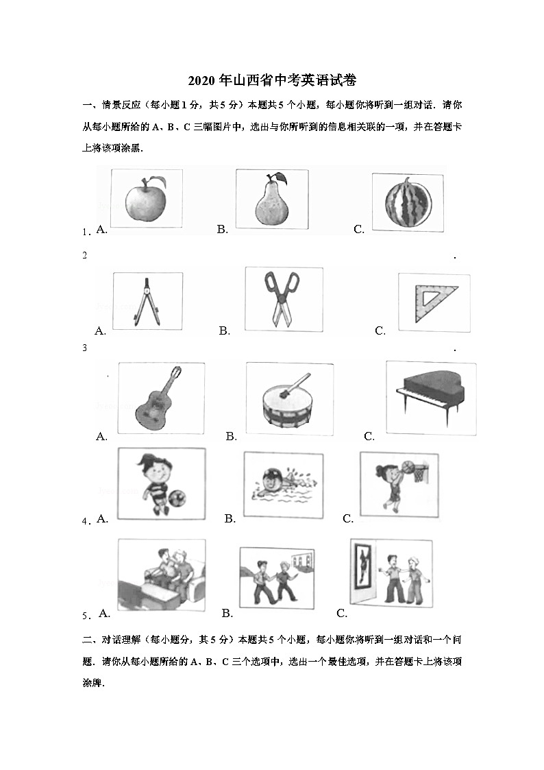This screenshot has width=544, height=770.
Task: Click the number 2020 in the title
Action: pyautogui.click(x=200, y=81)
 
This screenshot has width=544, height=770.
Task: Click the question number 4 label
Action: pyautogui.click(x=85, y=522)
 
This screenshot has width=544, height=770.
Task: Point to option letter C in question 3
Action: pyautogui.click(x=369, y=436)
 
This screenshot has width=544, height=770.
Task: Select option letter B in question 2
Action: pyautogui.click(x=224, y=331)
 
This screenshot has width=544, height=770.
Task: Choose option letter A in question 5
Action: pyautogui.click(x=105, y=612)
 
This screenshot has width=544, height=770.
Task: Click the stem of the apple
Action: pyautogui.click(x=158, y=180)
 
